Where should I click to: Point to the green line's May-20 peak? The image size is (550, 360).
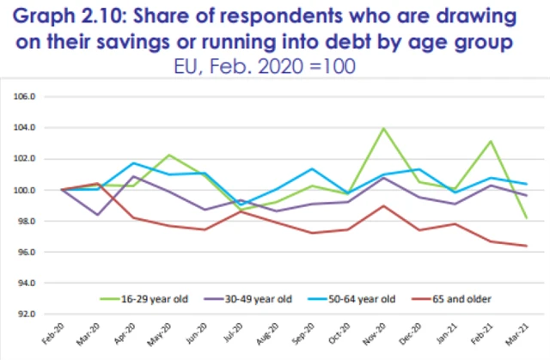click(x=169, y=155)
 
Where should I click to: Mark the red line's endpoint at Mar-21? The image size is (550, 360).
click(x=526, y=246)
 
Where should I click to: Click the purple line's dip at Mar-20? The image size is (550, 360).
click(x=97, y=215)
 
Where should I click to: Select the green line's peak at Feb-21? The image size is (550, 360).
click(x=490, y=141)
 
